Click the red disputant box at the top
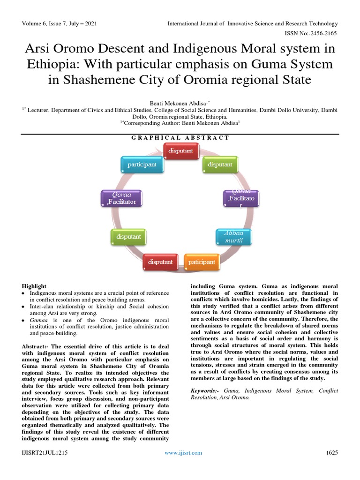pyautogui.click(x=181, y=150)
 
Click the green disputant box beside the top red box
pyautogui.click(x=220, y=165)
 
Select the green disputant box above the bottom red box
pyautogui.click(x=128, y=237)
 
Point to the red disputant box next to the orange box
pyautogui.click(x=160, y=262)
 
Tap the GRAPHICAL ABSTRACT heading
pyautogui.click(x=180, y=138)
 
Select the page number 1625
pyautogui.click(x=332, y=452)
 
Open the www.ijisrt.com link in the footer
pyautogui.click(x=183, y=452)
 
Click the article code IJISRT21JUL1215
pyautogui.click(x=45, y=452)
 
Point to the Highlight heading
pyautogui.click(x=34, y=286)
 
